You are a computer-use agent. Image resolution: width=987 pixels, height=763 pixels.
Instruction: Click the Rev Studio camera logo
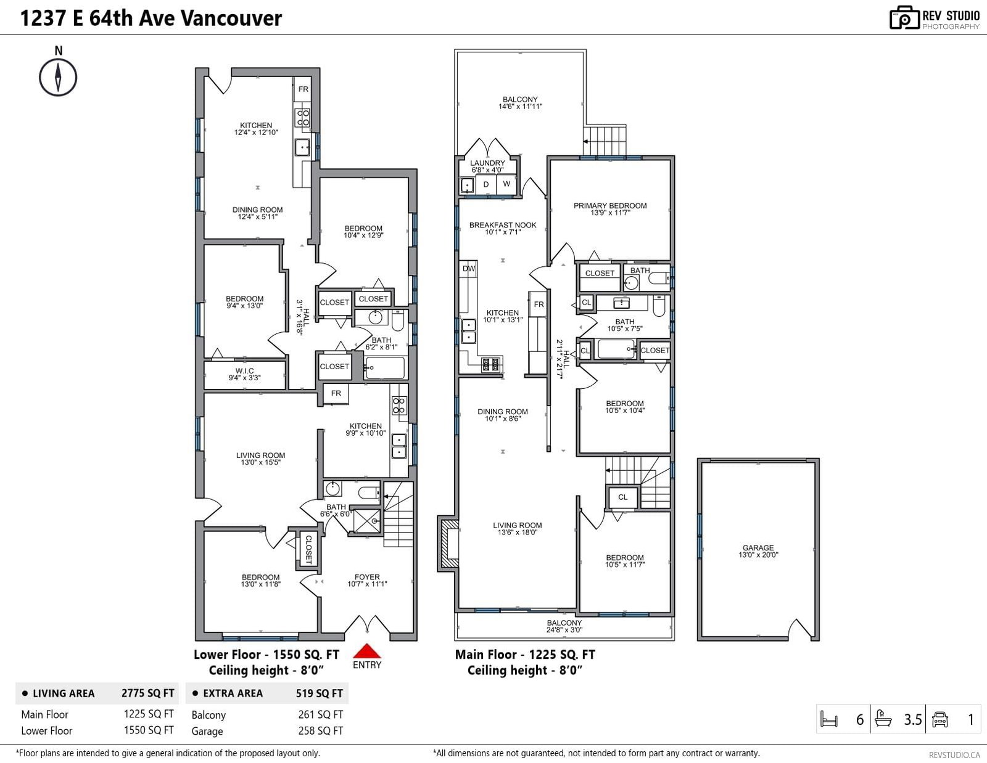pos(904,18)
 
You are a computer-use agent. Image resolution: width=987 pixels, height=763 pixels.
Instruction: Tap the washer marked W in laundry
pos(506,184)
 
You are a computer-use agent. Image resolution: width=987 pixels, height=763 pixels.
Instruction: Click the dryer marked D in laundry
pos(486,184)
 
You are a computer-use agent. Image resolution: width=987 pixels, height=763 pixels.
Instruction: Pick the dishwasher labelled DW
pos(468,269)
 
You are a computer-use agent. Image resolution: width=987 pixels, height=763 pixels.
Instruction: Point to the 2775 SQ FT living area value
pos(147,693)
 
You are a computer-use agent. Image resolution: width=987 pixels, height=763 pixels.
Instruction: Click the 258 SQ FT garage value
pos(320,731)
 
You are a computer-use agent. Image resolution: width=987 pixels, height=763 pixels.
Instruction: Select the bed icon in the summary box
pos(829,719)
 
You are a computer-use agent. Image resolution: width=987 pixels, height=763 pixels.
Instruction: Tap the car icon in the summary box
pos(940,719)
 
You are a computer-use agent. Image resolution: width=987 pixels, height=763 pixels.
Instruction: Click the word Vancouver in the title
pos(231,18)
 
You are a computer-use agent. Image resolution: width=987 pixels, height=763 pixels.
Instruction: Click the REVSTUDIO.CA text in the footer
pos(954,755)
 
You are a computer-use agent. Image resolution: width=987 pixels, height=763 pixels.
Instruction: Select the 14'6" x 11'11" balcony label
pos(520,107)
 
